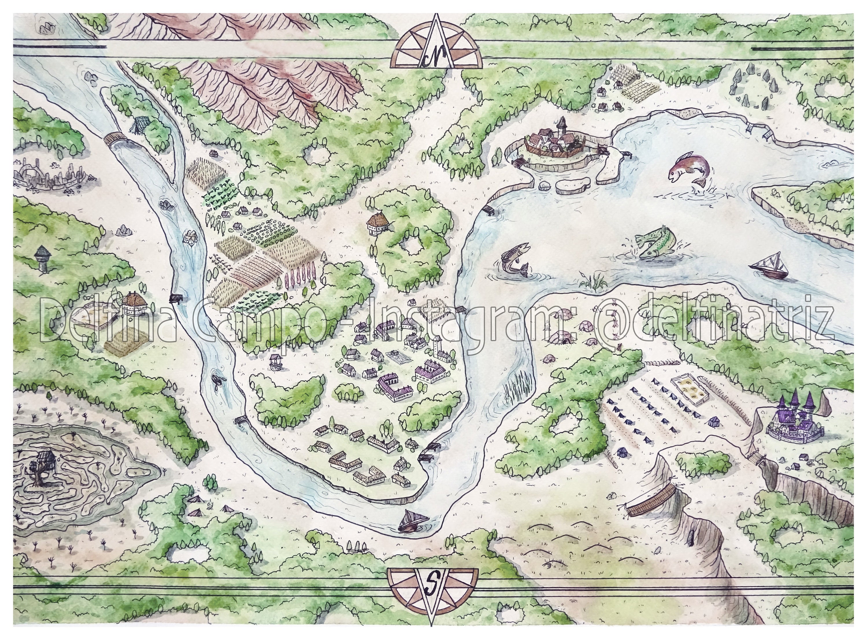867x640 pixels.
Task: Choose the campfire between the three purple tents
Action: coord(210,506)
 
